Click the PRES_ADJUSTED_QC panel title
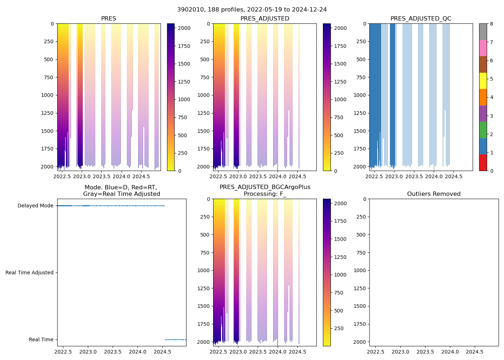[x=420, y=19]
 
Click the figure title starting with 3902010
[x=252, y=10]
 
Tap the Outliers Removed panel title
[x=433, y=194]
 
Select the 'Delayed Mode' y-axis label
[x=35, y=206]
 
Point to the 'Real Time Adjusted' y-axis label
[x=29, y=273]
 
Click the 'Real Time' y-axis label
[x=41, y=340]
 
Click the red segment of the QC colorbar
[x=483, y=163]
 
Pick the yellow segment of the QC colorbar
[x=483, y=81]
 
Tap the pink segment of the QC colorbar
[x=483, y=48]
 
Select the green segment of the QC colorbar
[x=483, y=130]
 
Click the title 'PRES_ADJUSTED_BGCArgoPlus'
[x=265, y=187]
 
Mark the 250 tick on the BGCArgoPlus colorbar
[x=339, y=329]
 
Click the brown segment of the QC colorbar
[x=483, y=64]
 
